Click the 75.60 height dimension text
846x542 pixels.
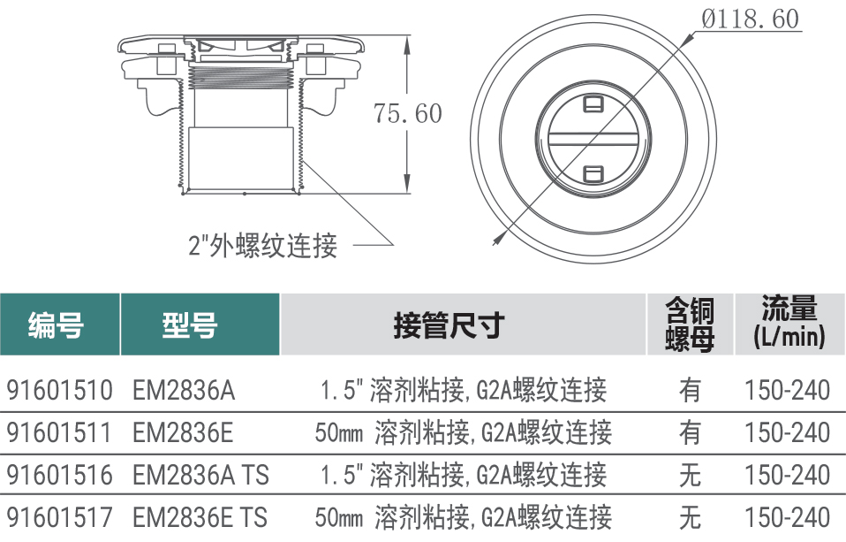pyautogui.click(x=408, y=113)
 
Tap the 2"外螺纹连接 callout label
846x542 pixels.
pyautogui.click(x=263, y=246)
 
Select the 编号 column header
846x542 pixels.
pyautogui.click(x=57, y=324)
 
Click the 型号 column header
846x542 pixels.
pyautogui.click(x=190, y=324)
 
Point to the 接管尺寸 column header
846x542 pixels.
pyautogui.click(x=449, y=324)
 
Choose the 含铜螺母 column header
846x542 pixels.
pyautogui.click(x=690, y=324)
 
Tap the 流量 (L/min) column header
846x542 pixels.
pyautogui.click(x=789, y=323)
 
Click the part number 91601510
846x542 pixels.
pyautogui.click(x=59, y=390)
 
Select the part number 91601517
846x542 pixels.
pyautogui.click(x=59, y=517)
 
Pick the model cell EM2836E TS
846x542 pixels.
pyautogui.click(x=200, y=517)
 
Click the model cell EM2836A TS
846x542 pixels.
pyautogui.click(x=200, y=475)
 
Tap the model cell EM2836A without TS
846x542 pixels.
pyautogui.click(x=184, y=390)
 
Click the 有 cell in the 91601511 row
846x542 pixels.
pyautogui.click(x=690, y=433)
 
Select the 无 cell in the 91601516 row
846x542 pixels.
pyautogui.click(x=690, y=475)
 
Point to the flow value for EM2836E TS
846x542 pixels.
pyautogui.click(x=787, y=517)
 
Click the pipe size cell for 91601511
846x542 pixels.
pyautogui.click(x=464, y=433)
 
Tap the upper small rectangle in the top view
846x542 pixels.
pyautogui.click(x=593, y=103)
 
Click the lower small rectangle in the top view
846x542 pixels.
pyautogui.click(x=593, y=174)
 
